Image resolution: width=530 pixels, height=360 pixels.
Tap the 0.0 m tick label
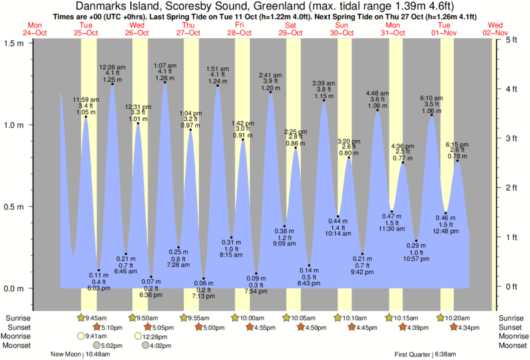tap(13, 289)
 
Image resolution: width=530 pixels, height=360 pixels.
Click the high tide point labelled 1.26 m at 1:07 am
tap(164, 82)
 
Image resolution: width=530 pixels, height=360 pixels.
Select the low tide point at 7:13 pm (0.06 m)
tap(204, 279)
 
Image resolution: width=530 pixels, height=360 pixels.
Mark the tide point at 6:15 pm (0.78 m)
tap(458, 161)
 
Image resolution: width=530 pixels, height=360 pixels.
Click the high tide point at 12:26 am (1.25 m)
tap(112, 84)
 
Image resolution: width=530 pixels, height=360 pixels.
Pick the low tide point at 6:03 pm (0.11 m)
tap(99, 271)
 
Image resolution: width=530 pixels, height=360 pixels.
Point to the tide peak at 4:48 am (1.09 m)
tap(378, 110)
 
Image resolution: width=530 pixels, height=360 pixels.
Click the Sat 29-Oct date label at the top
tap(290, 28)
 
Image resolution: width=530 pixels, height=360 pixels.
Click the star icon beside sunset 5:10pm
tap(97, 327)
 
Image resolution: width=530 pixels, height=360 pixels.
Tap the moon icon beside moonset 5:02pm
tap(97, 345)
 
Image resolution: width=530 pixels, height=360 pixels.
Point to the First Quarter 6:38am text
tap(425, 355)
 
